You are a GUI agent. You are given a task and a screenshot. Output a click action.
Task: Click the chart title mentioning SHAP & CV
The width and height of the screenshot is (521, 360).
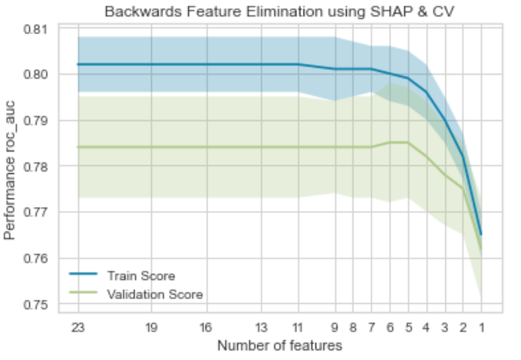(x=280, y=11)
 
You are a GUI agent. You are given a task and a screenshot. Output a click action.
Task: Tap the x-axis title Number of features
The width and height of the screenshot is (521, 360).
(x=279, y=346)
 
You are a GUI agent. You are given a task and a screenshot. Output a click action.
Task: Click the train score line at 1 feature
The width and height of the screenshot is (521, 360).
(x=481, y=235)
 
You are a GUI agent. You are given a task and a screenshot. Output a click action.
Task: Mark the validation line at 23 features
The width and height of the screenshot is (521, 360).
(x=78, y=147)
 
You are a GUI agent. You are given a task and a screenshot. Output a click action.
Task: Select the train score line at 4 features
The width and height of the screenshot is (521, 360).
(x=427, y=92)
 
